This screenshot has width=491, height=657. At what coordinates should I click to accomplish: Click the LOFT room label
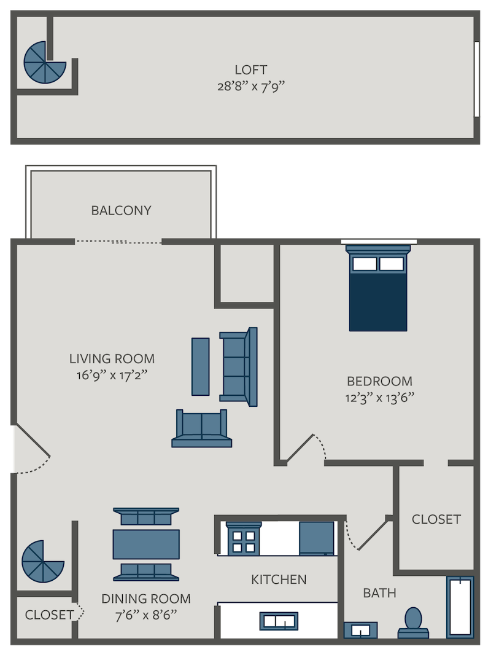click(x=251, y=69)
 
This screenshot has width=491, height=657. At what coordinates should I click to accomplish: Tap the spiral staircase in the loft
click(x=44, y=63)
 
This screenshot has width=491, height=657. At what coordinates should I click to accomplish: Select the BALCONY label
click(x=121, y=210)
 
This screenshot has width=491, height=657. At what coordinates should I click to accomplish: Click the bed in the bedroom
click(x=378, y=289)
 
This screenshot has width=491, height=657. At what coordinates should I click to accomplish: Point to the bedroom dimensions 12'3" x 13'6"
click(x=379, y=397)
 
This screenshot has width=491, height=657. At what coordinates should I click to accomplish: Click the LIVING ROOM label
click(x=112, y=358)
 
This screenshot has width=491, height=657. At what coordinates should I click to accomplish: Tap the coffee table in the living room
click(x=200, y=366)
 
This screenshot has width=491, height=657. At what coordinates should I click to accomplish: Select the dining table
click(x=146, y=544)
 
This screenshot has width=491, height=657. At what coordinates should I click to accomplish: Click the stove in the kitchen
click(x=243, y=539)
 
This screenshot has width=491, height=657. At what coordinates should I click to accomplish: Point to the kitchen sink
click(x=280, y=621)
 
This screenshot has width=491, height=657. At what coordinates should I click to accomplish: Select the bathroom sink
click(x=360, y=630)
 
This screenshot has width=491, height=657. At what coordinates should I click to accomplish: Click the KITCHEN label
click(x=279, y=580)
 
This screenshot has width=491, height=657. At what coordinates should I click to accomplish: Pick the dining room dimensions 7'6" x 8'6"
click(x=146, y=614)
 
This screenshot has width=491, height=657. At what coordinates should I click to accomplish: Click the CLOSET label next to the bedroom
click(x=436, y=519)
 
